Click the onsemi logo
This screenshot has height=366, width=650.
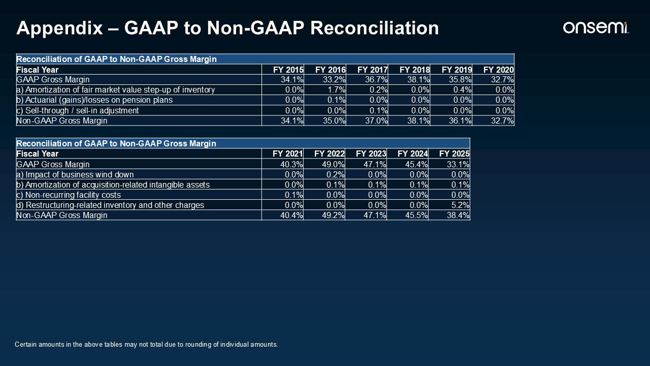point(596,27)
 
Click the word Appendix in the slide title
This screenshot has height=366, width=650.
point(60,28)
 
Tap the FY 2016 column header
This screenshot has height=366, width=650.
point(330,70)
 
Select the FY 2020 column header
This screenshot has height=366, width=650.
point(499,70)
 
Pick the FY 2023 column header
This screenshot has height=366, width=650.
point(371,154)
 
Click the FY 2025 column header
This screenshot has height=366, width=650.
point(454,154)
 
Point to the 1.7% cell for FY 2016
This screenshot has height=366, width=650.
point(337,90)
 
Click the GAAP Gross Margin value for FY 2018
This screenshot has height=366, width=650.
point(418,80)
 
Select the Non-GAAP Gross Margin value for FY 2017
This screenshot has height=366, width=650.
point(376,121)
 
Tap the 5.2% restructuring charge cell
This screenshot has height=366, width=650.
point(460,205)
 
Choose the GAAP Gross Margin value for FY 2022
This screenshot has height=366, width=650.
point(333,164)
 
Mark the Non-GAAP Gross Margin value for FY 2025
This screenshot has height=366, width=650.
point(458,215)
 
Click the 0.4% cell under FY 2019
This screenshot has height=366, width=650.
point(463,90)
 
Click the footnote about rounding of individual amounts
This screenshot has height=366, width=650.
point(146,345)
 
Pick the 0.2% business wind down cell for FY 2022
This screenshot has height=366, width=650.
point(336,174)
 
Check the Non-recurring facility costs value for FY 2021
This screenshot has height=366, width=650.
point(294,195)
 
